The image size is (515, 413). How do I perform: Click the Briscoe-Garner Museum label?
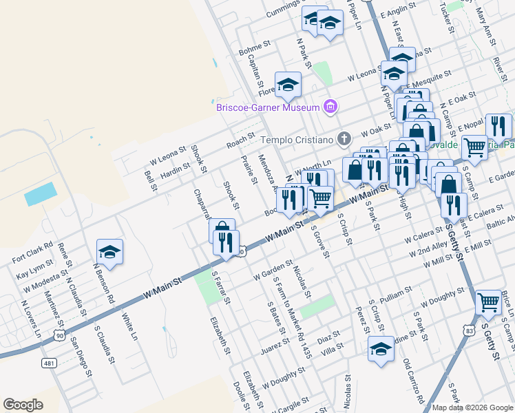point(267,107)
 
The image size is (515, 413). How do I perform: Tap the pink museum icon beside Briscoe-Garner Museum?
point(331,107)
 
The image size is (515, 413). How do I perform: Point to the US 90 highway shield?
point(60,335)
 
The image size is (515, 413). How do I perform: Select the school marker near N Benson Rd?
point(109,253)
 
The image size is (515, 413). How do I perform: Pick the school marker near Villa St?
point(381,349)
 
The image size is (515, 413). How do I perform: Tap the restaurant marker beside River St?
point(498,127)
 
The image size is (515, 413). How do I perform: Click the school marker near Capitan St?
point(288,85)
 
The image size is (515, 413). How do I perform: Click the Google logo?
point(23,405)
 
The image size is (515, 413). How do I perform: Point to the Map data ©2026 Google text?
point(472,407)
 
